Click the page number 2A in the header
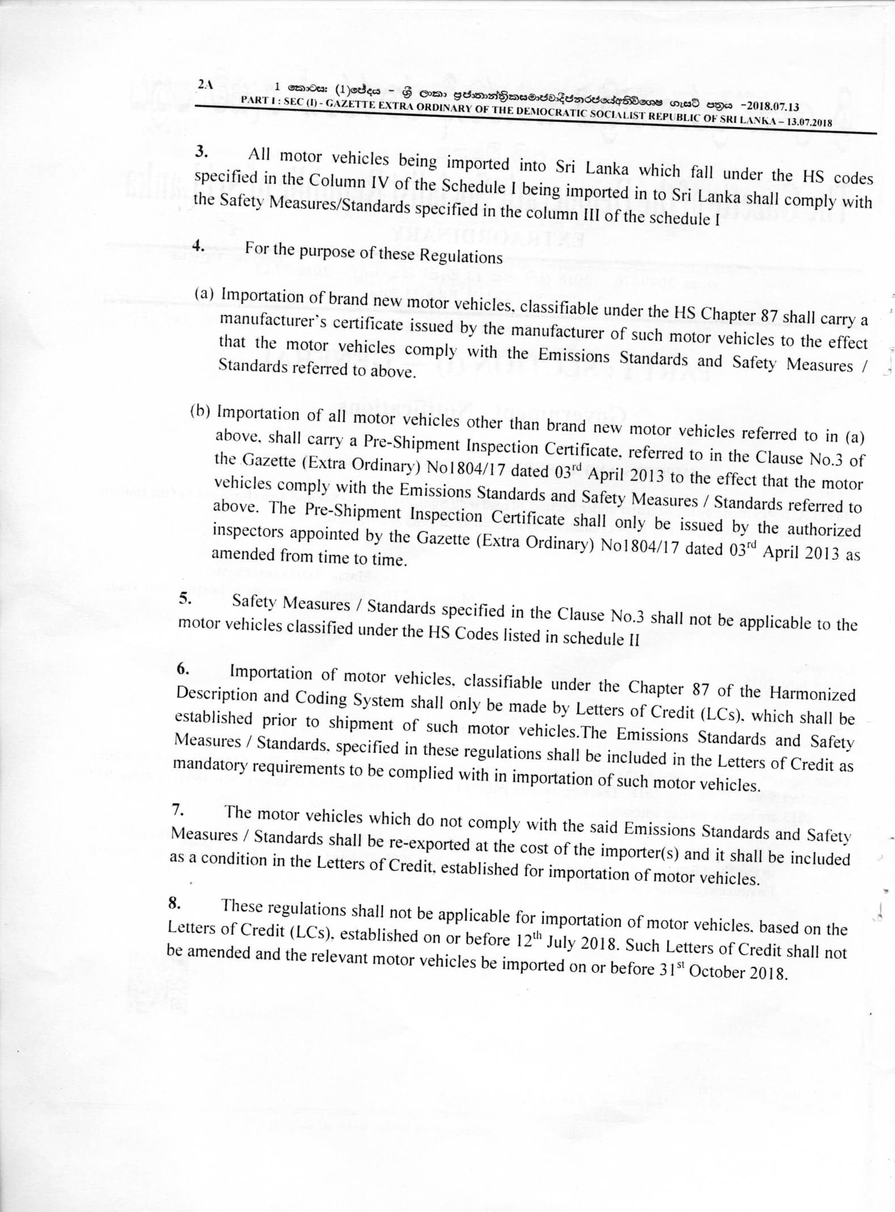click(205, 85)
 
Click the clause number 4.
click(199, 245)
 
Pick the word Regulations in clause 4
click(461, 256)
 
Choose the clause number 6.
click(183, 669)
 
